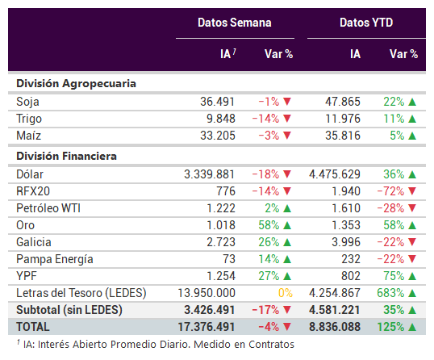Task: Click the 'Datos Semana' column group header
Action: [235, 23]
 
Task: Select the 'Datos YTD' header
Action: [366, 23]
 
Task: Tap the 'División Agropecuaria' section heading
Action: [76, 84]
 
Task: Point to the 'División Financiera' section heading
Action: [66, 156]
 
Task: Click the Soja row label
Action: [27, 102]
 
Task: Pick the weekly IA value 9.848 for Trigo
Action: [221, 119]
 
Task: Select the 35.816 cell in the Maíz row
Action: [343, 136]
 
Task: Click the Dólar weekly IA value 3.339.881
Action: [210, 174]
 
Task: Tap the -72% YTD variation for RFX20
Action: [390, 191]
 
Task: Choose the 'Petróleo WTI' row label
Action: [48, 208]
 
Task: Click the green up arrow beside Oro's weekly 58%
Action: [287, 225]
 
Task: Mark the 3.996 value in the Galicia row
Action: [346, 242]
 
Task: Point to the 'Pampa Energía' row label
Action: [55, 259]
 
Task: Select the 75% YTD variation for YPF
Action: [394, 276]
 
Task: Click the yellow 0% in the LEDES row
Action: [286, 293]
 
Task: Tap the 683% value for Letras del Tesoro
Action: [390, 293]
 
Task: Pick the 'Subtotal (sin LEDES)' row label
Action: [69, 310]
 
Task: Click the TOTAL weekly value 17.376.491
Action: [207, 327]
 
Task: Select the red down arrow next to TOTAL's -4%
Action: [287, 327]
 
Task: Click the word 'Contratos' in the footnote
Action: [271, 345]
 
